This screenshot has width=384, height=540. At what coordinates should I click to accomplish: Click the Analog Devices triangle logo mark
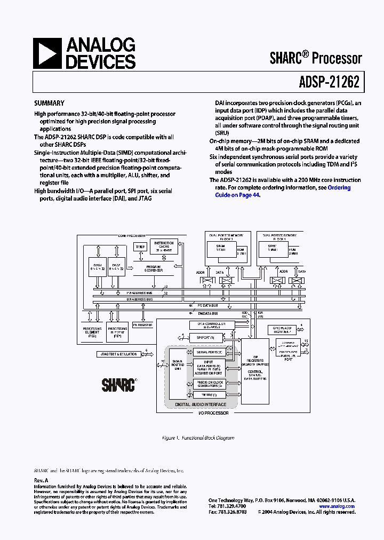point(47,54)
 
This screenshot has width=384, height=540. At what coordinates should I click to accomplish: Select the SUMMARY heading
point(49,104)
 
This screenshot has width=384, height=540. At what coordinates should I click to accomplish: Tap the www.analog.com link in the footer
point(337,506)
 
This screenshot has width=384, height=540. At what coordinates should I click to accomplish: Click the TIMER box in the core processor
point(140,247)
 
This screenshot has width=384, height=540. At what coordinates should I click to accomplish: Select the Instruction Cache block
point(163,247)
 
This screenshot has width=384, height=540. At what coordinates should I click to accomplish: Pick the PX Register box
point(142,324)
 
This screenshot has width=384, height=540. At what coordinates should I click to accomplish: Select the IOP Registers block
point(255,362)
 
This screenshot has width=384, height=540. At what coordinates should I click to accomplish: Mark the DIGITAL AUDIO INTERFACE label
point(197,405)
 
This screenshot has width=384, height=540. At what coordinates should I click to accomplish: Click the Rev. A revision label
point(41,480)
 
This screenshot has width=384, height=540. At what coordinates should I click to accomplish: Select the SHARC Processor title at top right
point(316,59)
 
